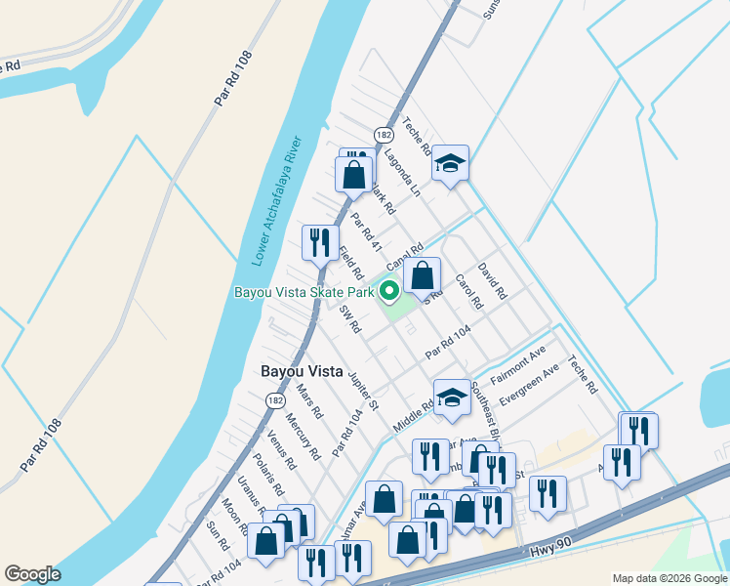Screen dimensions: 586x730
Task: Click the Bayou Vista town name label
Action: point(304,371)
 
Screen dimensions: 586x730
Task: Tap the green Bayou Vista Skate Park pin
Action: point(388,290)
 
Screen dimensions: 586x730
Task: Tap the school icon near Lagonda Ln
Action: point(451,163)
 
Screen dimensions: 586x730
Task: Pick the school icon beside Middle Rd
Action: point(451,397)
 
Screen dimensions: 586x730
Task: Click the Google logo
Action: point(32,574)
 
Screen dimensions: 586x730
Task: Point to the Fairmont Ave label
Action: point(517,367)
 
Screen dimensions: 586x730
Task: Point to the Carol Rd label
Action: point(469,291)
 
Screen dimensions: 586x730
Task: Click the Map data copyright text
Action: point(669,577)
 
